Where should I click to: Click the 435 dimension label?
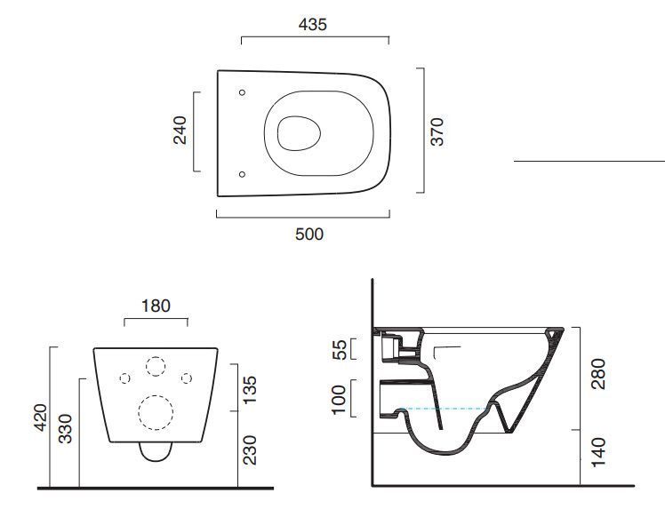click(313, 25)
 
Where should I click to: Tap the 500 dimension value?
click(309, 234)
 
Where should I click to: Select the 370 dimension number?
click(437, 131)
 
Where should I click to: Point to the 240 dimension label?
click(180, 130)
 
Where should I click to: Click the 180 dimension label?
click(156, 306)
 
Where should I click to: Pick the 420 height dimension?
click(41, 418)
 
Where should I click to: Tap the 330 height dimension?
click(65, 429)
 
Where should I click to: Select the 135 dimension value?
click(250, 390)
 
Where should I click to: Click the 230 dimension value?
click(250, 450)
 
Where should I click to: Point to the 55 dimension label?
click(340, 349)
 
